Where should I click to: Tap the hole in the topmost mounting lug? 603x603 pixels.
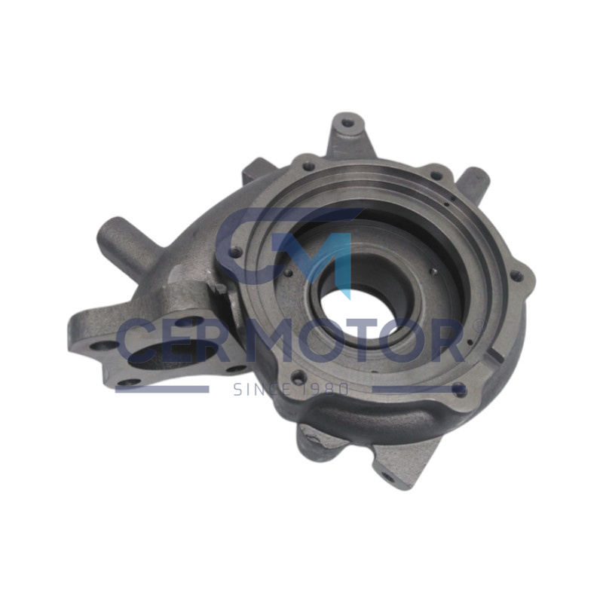[348, 124]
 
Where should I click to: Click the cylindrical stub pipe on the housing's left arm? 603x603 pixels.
[123, 243]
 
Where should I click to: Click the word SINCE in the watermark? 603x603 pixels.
[262, 390]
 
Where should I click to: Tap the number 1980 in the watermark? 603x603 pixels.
[324, 390]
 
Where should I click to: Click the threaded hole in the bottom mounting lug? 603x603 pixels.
[388, 479]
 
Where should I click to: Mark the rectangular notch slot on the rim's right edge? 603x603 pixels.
[494, 354]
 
